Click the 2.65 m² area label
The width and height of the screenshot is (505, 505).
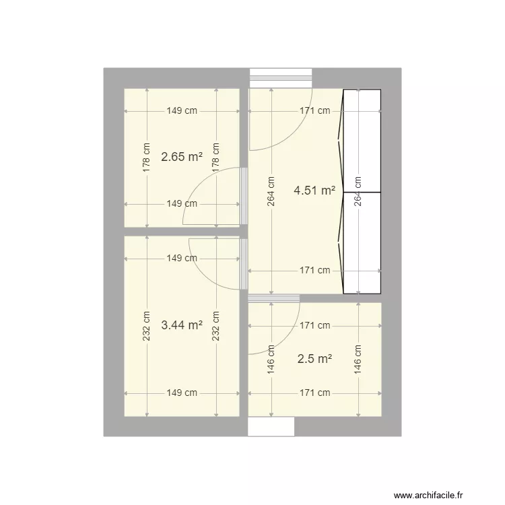(x=182, y=157)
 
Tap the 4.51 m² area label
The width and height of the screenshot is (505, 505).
(x=314, y=191)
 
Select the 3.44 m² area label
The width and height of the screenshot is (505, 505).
(x=182, y=325)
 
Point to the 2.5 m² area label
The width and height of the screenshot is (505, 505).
(x=314, y=359)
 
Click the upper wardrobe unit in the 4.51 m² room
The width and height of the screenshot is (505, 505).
(x=362, y=141)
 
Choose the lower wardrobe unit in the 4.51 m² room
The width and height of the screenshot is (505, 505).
(x=362, y=243)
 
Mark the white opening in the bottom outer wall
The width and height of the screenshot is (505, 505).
(x=271, y=426)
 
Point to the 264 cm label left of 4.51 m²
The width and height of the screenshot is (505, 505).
(x=271, y=192)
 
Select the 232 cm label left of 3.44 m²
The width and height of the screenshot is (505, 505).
(x=146, y=325)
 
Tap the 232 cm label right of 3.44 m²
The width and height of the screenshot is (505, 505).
(x=216, y=325)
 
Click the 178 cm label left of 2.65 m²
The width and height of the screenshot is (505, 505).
(x=146, y=157)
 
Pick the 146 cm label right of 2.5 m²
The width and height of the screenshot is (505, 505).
(x=358, y=359)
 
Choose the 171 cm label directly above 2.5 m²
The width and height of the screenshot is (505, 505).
(x=314, y=325)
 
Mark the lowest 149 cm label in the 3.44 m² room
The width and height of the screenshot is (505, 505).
(x=182, y=393)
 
